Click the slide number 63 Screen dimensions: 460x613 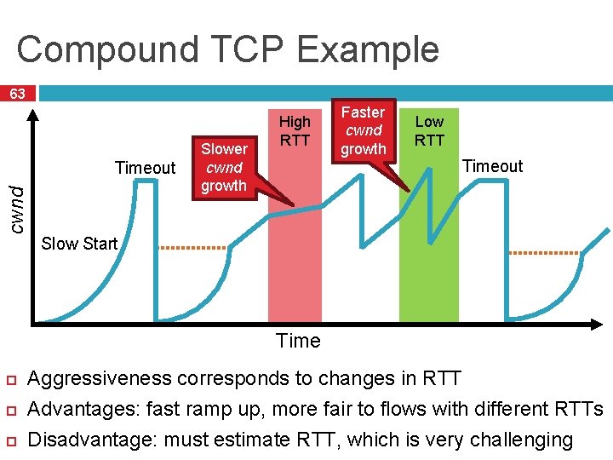(18, 93)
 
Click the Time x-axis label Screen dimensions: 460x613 (298, 341)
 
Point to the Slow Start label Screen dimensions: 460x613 (79, 244)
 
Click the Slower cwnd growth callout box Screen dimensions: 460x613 (224, 168)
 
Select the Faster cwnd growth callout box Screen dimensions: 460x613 (364, 130)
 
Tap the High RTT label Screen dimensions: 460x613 (295, 130)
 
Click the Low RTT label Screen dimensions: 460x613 (429, 130)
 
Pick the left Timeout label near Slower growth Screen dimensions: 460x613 (145, 168)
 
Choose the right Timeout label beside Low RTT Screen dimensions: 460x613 (492, 166)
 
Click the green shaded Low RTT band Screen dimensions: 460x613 (429, 273)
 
